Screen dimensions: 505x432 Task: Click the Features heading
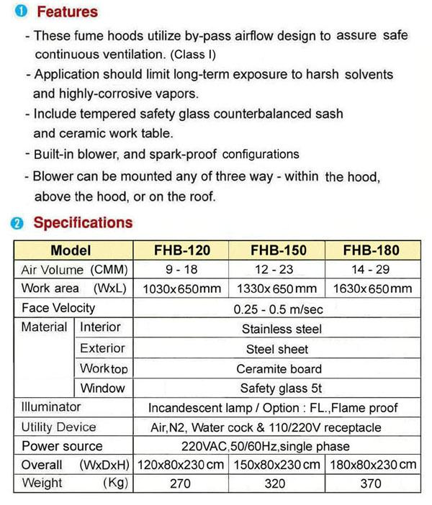click(67, 12)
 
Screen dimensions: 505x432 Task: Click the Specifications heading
click(83, 222)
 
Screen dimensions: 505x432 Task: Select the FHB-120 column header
click(182, 251)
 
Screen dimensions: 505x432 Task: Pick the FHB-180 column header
click(372, 251)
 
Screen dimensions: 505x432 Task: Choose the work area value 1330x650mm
click(277, 289)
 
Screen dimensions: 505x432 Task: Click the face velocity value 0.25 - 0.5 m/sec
click(276, 309)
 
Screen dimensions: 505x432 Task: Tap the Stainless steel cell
click(276, 329)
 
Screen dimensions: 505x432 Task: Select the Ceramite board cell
click(276, 369)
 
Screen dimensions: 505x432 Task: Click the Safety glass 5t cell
click(276, 389)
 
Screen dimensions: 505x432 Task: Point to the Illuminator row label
click(52, 407)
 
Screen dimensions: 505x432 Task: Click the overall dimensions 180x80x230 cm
click(372, 465)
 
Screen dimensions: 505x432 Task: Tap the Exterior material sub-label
click(102, 349)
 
